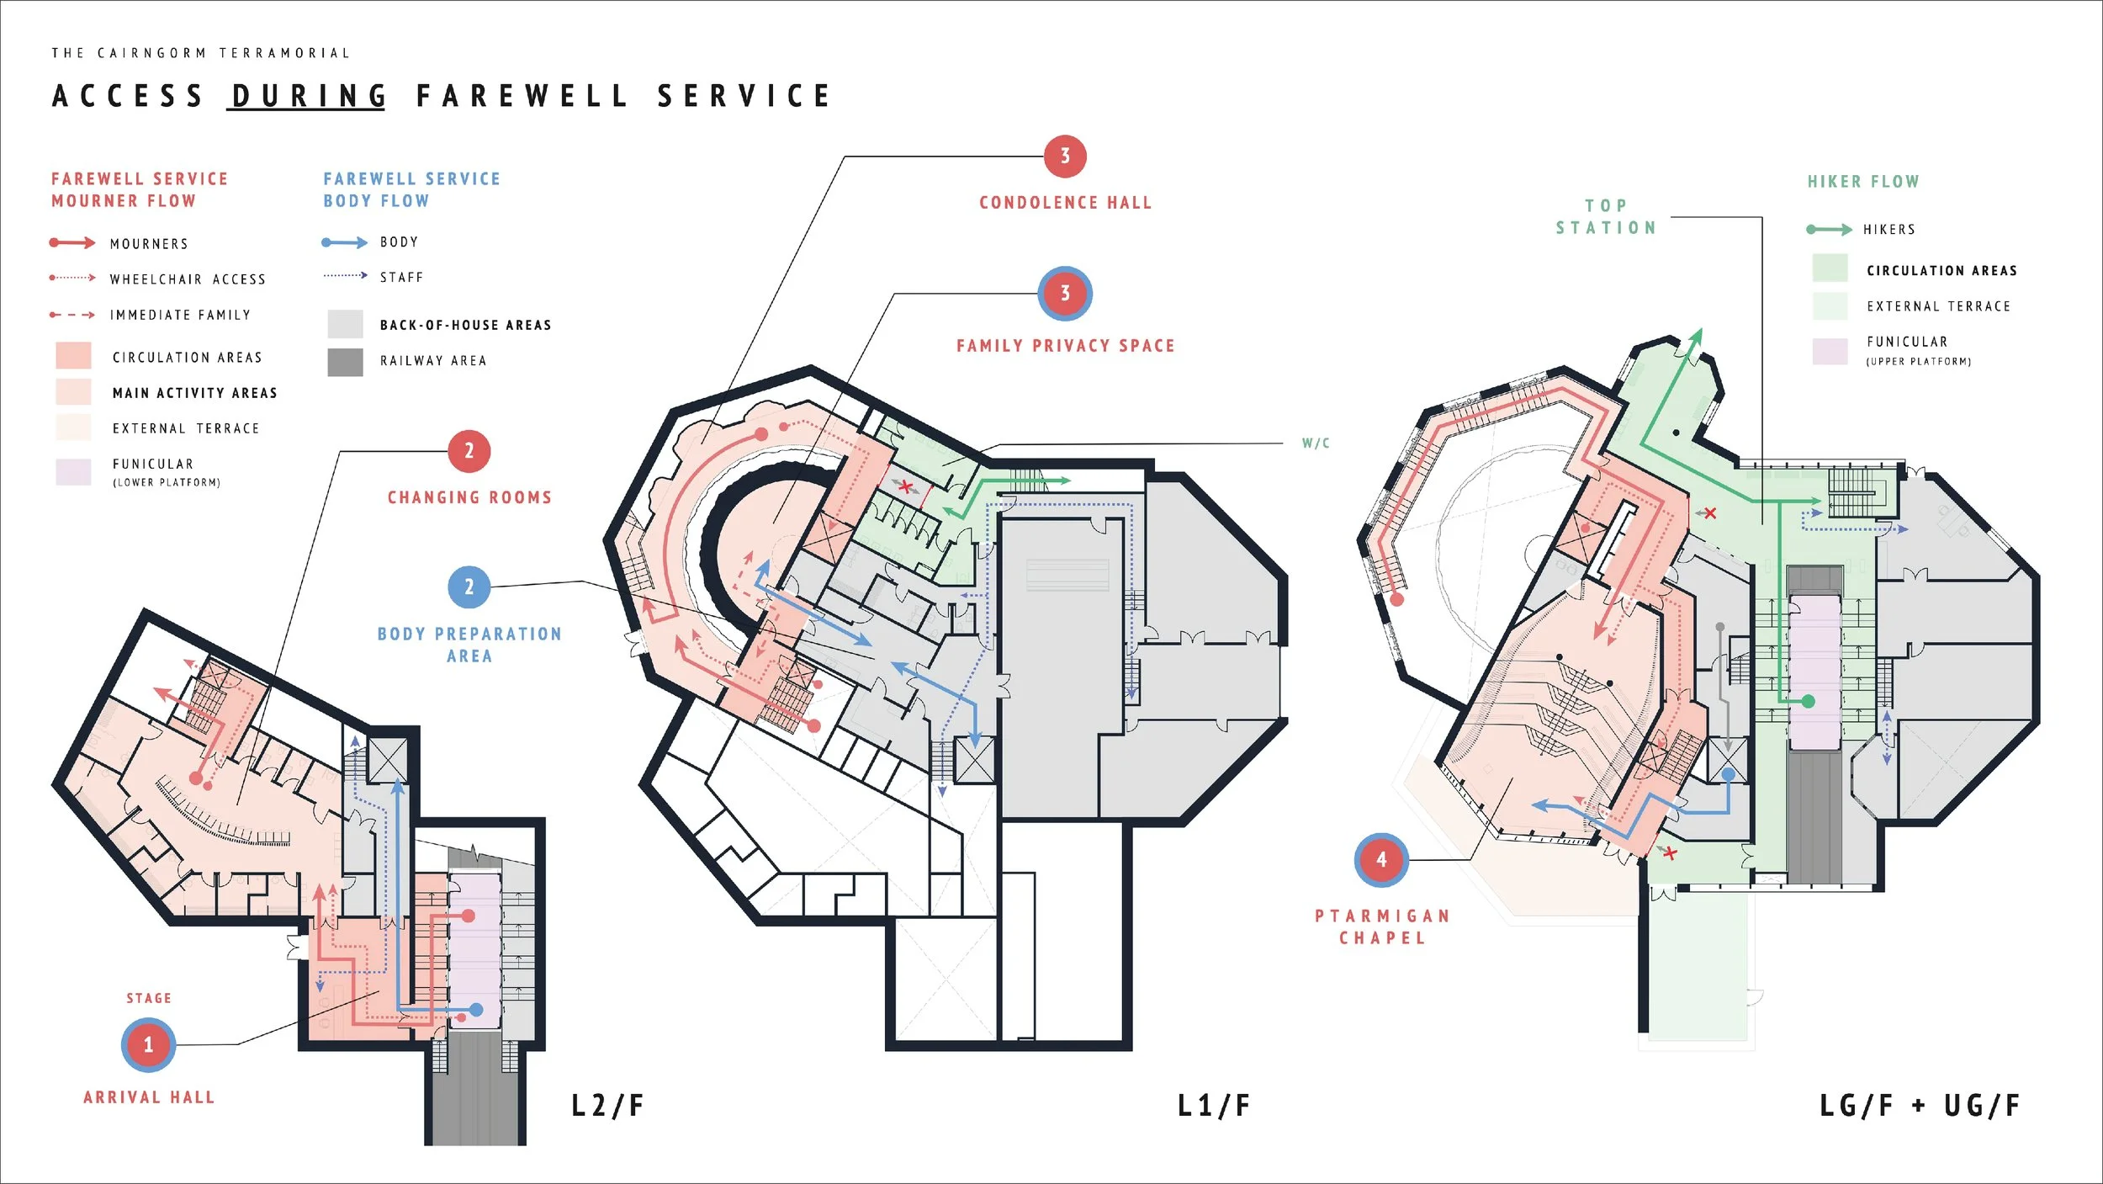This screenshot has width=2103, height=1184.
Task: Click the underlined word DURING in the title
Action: click(308, 96)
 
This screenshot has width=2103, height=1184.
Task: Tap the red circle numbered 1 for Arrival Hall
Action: click(149, 1044)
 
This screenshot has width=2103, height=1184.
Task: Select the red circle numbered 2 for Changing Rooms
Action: click(469, 451)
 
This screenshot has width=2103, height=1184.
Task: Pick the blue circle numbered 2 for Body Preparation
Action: click(469, 587)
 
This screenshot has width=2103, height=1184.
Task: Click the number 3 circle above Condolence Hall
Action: click(1065, 156)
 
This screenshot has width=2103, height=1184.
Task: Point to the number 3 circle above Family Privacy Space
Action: click(1065, 293)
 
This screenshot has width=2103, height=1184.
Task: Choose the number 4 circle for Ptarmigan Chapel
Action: click(1381, 859)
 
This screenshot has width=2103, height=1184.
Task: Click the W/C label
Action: click(1316, 443)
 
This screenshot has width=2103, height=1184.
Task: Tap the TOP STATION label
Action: click(1606, 217)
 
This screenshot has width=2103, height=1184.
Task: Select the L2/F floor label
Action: click(607, 1105)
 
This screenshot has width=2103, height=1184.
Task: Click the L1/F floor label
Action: click(1213, 1105)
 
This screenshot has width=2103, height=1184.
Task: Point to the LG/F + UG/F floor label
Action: click(1920, 1105)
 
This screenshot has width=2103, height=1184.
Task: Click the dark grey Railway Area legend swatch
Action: click(345, 362)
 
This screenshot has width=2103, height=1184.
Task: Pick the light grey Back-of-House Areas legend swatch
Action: click(345, 324)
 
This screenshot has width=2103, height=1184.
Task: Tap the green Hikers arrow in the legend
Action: click(1829, 229)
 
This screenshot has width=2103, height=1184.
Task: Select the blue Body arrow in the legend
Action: click(345, 242)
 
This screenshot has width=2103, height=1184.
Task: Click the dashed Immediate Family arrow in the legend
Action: click(72, 315)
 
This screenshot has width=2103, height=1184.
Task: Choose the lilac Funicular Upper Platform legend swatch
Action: click(1830, 351)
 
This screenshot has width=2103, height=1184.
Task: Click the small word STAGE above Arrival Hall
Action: click(149, 998)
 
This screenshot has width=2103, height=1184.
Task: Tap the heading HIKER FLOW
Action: click(1863, 182)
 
